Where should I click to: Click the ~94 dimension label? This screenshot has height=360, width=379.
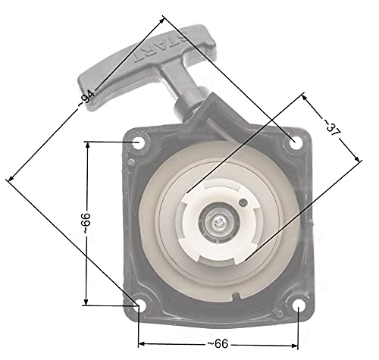(86, 98)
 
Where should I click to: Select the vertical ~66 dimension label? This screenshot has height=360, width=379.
(86, 224)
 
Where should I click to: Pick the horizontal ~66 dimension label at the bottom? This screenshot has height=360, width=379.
(218, 344)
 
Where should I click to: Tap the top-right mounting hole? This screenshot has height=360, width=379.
(295, 142)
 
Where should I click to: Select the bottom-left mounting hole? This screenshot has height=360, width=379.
(140, 305)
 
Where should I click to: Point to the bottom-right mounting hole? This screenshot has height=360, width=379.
(299, 306)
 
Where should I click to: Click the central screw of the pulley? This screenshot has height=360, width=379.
(217, 223)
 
